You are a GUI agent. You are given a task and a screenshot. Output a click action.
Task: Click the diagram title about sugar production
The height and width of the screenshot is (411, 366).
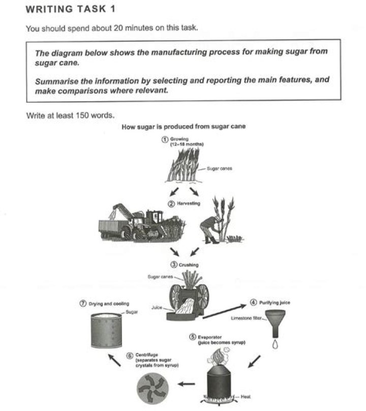click(184, 127)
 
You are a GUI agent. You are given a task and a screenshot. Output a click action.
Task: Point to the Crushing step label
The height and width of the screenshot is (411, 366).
click(185, 265)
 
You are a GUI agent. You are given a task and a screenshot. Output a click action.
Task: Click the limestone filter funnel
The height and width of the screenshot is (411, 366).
click(274, 326)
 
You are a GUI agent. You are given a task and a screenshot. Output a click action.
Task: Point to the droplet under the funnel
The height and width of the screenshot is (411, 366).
click(274, 345)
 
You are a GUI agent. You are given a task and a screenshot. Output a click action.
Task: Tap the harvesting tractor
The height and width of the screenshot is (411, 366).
click(140, 224)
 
